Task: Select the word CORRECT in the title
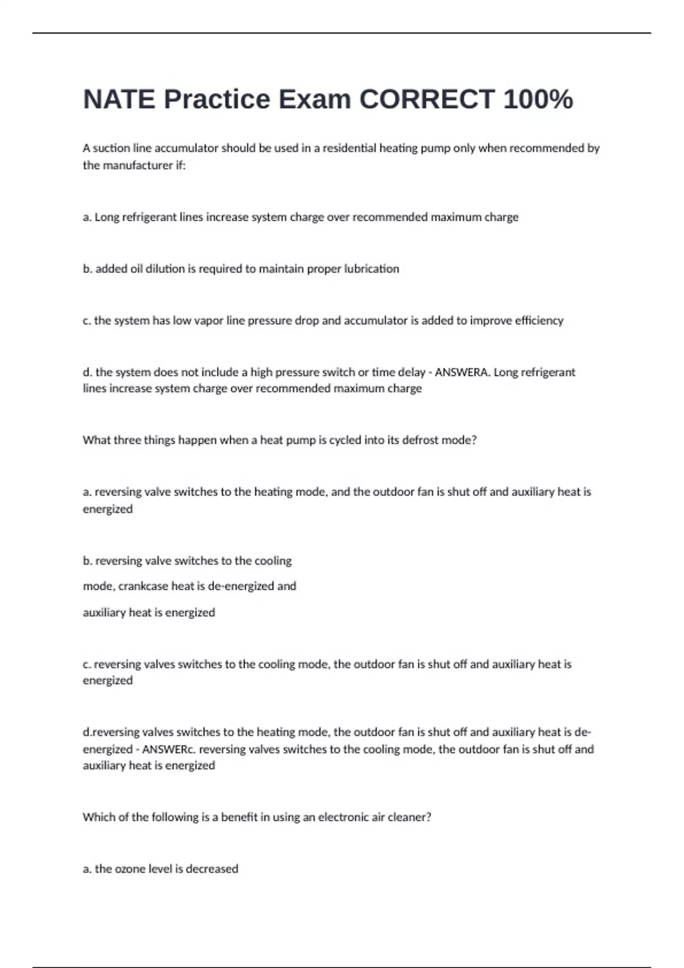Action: [427, 99]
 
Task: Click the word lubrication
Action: [371, 269]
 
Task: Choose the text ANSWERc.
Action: [169, 749]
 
